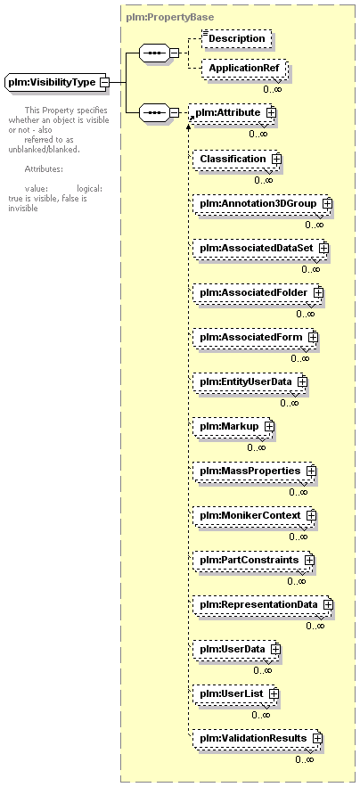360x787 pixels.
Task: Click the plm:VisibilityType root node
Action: point(56,82)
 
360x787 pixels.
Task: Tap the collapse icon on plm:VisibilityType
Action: point(104,82)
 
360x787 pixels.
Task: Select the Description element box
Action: point(236,38)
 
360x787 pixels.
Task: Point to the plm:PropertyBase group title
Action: point(170,17)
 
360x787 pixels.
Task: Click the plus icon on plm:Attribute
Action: point(271,113)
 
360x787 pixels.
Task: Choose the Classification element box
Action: point(235,159)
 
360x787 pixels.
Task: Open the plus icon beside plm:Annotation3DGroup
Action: point(327,204)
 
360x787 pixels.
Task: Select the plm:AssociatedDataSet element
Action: point(259,248)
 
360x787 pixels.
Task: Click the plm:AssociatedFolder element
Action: point(257,292)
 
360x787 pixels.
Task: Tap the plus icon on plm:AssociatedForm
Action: point(314,337)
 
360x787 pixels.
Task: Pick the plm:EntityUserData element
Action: point(249,381)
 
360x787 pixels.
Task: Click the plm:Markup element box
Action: point(233,426)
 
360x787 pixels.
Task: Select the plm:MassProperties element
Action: point(254,471)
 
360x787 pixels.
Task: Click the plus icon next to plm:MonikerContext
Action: point(311,515)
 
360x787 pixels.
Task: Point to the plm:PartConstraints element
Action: point(253,560)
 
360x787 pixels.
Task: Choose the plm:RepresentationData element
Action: point(262,604)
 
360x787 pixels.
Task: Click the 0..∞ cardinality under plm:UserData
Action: point(263,670)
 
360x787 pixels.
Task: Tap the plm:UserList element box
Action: point(235,693)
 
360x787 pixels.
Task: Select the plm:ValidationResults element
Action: point(257,738)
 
